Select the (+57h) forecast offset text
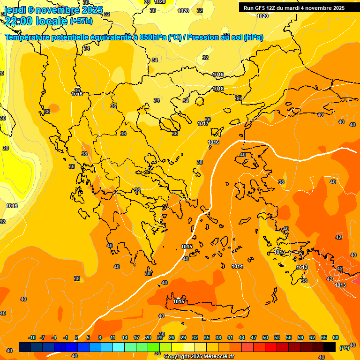pyautogui.click(x=81, y=21)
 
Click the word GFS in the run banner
pyautogui.click(x=259, y=7)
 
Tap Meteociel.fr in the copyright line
pyautogui.click(x=218, y=357)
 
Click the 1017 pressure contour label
pyautogui.click(x=203, y=124)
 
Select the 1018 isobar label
pyautogui.click(x=218, y=89)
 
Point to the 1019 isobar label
pyautogui.click(x=218, y=75)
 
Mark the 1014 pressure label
pyautogui.click(x=237, y=267)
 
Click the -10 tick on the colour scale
pyautogui.click(x=32, y=338)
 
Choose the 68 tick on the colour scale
pyautogui.click(x=336, y=338)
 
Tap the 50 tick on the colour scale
pyautogui.click(x=265, y=338)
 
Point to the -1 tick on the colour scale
pyautogui.click(x=66, y=338)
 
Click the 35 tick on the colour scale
pyautogui.click(x=207, y=338)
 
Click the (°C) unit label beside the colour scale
pyautogui.click(x=345, y=348)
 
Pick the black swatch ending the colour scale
pyautogui.click(x=330, y=347)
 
